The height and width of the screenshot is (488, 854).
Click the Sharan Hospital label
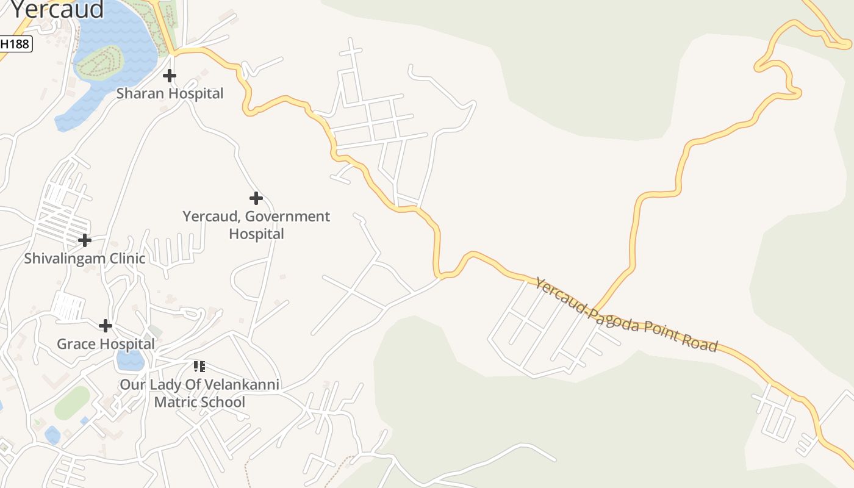(x=170, y=93)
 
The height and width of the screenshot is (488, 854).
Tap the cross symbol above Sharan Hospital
(x=170, y=76)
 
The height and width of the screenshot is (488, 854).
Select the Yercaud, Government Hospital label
(x=256, y=225)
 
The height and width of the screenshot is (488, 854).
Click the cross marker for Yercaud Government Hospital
(x=256, y=198)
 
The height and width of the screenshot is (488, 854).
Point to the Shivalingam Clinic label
(x=85, y=258)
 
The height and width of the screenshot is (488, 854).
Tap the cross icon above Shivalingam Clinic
(x=85, y=240)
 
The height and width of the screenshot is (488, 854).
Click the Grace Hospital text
(x=106, y=344)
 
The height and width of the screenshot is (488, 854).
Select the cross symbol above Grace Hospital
(x=106, y=326)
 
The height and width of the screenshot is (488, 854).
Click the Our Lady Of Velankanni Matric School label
(x=199, y=393)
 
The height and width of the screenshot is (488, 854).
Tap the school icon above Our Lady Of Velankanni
(x=199, y=367)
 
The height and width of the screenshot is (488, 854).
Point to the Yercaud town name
(x=57, y=9)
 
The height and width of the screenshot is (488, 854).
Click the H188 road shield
(x=15, y=44)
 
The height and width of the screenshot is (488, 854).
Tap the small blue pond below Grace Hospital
(x=131, y=361)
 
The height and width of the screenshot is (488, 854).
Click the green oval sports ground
(x=72, y=403)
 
